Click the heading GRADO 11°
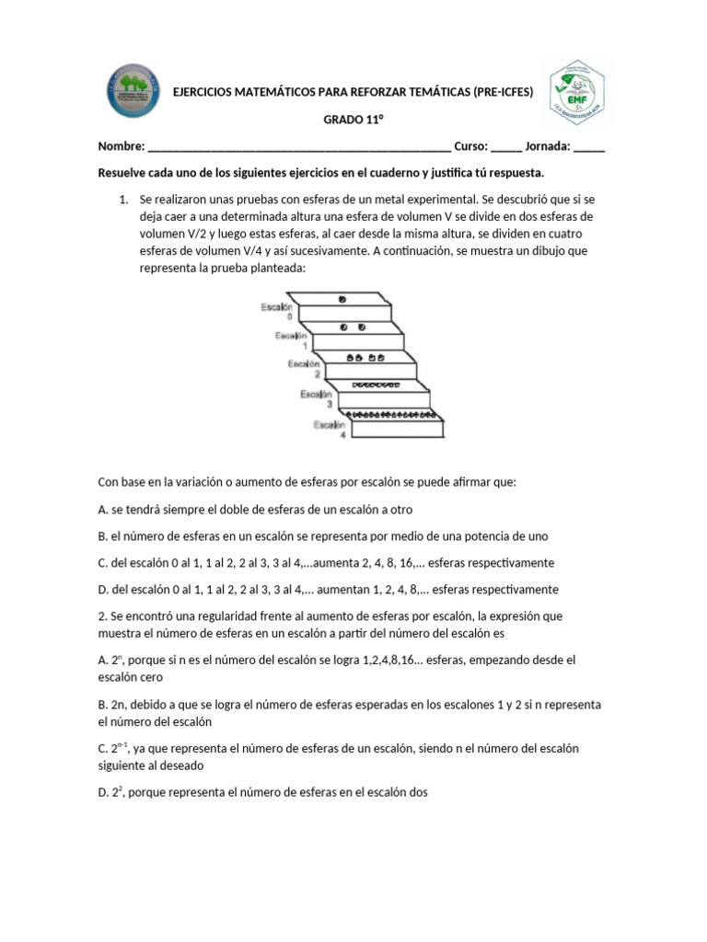coord(353,121)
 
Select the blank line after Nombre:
coord(298,147)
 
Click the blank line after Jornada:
coord(588,147)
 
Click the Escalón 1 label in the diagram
coord(289,340)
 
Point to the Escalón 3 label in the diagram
coord(316,397)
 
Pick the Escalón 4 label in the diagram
coord(329,428)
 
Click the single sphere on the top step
coord(342,300)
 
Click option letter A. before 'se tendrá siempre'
coord(102,510)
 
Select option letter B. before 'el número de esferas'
coord(102,536)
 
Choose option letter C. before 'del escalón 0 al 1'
coord(102,563)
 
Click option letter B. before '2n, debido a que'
coord(102,705)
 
